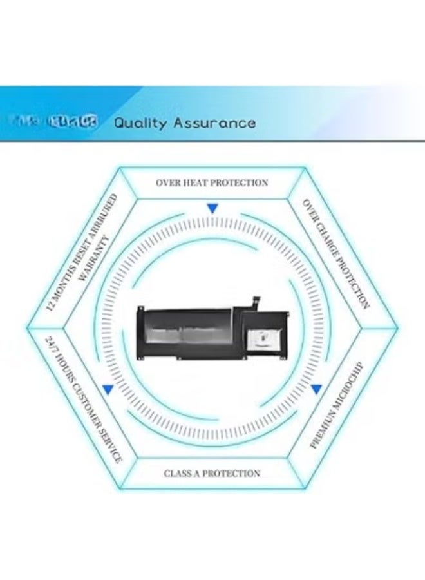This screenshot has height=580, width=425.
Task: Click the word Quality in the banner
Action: pos(140,122)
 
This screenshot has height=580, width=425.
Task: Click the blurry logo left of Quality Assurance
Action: pos(55,122)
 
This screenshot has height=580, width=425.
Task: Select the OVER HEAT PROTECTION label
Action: pos(211,183)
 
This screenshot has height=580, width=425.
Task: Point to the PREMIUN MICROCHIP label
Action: pos(337,405)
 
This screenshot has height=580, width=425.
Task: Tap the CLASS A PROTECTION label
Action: pos(212,473)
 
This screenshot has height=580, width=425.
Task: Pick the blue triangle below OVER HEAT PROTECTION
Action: pos(212,209)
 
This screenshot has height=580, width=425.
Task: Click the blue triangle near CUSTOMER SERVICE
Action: pos(108,389)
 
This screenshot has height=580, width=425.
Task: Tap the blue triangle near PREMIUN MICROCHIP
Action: pos(316,389)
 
